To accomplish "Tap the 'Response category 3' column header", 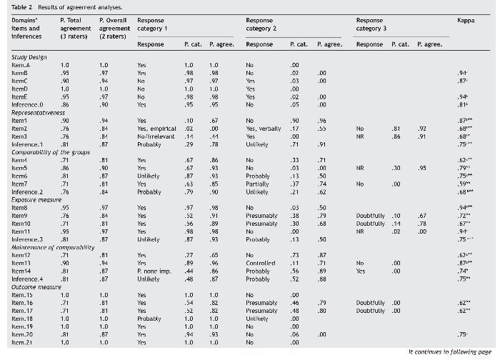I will (372, 25).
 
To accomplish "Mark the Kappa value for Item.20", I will (463, 334).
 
